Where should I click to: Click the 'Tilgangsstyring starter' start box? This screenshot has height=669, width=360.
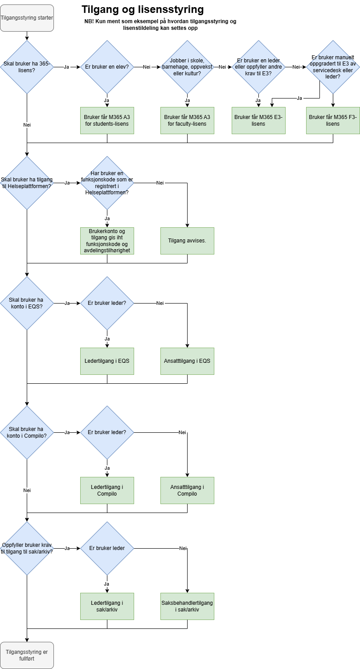27,18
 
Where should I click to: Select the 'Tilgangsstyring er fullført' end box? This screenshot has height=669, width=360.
27,655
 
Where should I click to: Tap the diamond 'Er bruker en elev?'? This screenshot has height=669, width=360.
107,67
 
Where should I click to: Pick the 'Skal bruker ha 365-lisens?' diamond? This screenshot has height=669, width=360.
27,67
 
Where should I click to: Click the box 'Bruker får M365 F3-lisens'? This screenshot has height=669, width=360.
333,120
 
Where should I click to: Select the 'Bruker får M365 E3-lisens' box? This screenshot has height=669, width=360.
258,120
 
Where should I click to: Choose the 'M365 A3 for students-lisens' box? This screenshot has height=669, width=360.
107,120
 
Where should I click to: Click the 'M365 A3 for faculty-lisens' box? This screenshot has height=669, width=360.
187,120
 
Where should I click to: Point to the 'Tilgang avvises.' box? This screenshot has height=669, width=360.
187,241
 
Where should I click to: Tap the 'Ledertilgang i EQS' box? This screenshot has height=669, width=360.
107,361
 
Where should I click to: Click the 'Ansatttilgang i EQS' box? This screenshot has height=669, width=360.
187,361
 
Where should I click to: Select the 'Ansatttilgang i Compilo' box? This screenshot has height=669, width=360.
187,490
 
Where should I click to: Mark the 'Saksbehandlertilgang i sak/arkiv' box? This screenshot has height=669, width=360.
187,606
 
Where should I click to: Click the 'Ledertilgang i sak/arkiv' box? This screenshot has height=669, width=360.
107,606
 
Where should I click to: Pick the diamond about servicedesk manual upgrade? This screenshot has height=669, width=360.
333,67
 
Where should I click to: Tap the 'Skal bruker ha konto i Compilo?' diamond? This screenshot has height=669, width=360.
27,432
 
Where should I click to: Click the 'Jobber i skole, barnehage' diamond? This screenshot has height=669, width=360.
187,67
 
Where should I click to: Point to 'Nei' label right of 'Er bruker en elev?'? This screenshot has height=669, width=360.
147,67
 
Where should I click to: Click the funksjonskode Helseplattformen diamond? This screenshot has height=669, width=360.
107,183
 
